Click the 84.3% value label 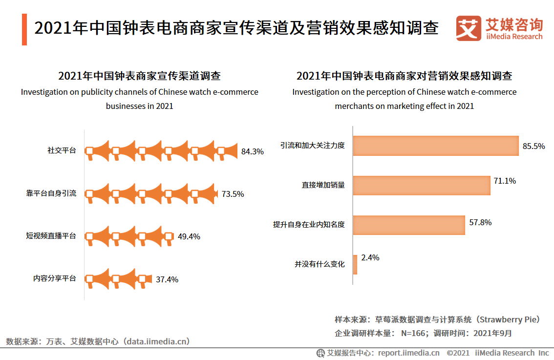[252, 151]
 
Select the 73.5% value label [233, 194]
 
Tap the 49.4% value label [189, 236]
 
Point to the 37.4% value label [167, 279]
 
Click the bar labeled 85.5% [435, 146]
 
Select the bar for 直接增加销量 [421, 185]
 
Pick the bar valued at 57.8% [409, 225]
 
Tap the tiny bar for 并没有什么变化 [355, 264]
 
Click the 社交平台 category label [62, 151]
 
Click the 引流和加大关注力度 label [312, 146]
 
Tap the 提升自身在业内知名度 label [309, 225]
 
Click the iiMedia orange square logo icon [468, 28]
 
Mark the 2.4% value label [370, 257]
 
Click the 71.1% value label [505, 181]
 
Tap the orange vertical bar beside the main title [24, 29]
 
